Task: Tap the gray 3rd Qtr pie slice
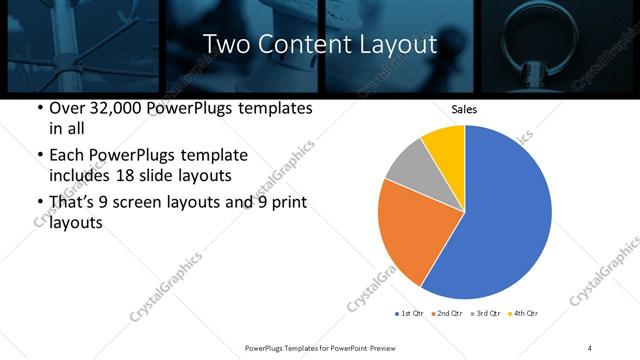(408, 164)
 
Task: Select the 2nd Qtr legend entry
(448, 313)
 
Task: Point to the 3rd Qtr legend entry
(486, 313)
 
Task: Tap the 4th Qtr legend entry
(524, 313)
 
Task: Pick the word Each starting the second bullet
(66, 155)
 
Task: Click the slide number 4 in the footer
(590, 347)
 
